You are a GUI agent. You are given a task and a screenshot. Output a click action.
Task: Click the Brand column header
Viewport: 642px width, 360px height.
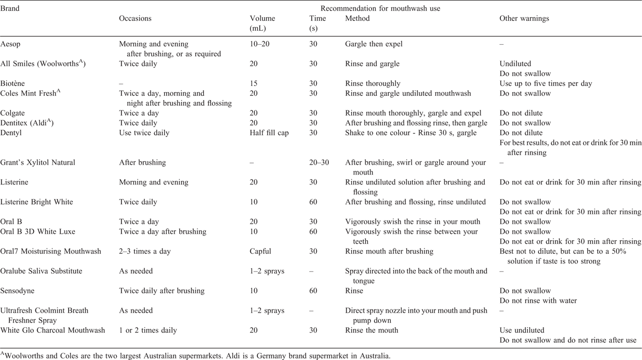10,8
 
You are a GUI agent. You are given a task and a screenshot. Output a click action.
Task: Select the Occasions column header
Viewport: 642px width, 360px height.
135,18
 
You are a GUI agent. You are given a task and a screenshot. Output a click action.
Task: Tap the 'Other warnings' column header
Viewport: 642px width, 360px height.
524,18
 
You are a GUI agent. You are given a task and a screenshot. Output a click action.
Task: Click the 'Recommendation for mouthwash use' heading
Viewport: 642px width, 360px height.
380,8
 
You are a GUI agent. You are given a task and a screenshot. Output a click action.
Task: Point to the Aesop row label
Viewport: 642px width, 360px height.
10,44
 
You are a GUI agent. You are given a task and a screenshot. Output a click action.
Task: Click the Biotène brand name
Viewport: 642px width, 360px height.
13,83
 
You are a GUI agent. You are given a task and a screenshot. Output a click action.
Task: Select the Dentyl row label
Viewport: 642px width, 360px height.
11,133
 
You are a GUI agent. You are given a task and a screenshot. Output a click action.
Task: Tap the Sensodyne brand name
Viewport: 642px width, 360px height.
17,291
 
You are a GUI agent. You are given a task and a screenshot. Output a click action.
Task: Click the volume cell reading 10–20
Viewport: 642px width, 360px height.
260,44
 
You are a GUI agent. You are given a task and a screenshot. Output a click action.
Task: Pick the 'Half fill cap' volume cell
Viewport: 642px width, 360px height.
269,133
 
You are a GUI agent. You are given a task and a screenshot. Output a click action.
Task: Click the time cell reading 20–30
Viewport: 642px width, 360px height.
319,163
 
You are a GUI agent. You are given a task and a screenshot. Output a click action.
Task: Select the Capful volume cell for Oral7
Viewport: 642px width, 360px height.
260,251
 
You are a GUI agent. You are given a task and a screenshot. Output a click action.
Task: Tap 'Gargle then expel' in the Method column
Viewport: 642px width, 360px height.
374,44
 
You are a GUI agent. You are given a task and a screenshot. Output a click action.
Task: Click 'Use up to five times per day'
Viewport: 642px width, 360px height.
546,84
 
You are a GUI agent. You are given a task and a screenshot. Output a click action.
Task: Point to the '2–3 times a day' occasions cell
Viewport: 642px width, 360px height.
145,251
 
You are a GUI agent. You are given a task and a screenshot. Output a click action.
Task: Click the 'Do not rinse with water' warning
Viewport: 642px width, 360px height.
538,301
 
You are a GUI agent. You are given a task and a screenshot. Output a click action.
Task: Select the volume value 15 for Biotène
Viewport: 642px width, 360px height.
253,83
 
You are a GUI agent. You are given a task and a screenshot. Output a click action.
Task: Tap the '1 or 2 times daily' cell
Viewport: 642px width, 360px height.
148,330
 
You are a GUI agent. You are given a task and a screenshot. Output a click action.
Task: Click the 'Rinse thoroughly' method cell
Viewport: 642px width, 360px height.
373,84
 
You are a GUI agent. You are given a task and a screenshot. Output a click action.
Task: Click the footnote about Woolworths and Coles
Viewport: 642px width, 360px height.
195,356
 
